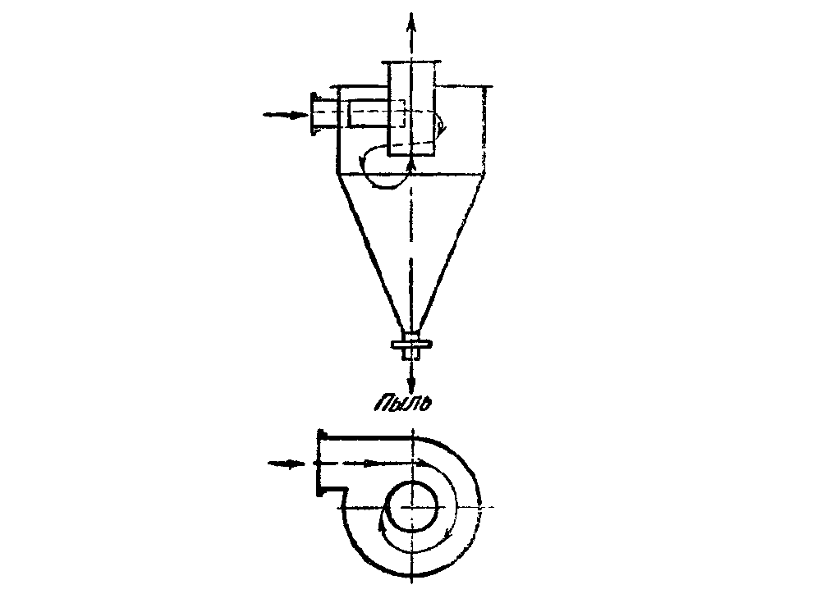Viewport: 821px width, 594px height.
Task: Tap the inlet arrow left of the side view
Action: coord(287,115)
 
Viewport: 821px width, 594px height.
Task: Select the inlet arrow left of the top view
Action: coord(287,464)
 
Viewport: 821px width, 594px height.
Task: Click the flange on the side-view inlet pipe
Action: coord(314,114)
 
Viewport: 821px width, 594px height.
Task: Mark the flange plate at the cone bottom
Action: coord(411,345)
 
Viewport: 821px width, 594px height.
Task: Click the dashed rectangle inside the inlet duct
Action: coord(376,113)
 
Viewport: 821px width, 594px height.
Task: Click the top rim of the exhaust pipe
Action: coord(411,62)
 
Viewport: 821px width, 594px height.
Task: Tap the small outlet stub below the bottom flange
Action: coord(411,354)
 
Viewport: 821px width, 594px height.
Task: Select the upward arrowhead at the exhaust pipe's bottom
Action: coord(411,166)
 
